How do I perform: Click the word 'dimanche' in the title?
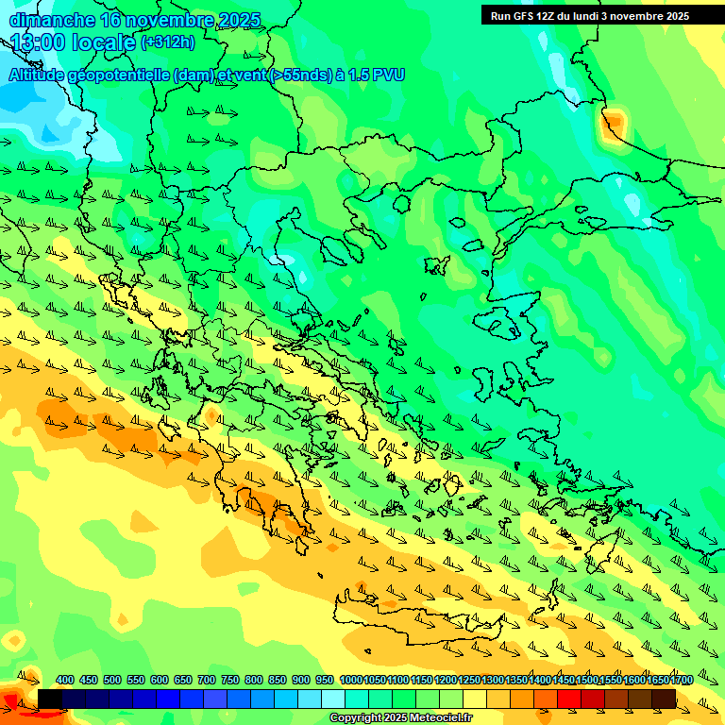pyautogui.click(x=51, y=20)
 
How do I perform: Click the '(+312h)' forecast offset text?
pyautogui.click(x=168, y=42)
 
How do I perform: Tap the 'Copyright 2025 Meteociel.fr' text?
pyautogui.click(x=400, y=718)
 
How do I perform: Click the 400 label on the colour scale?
pyautogui.click(x=65, y=681)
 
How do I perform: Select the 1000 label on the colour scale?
pyautogui.click(x=350, y=681)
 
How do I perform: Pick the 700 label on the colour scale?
pyautogui.click(x=207, y=681)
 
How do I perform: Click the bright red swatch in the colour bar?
pyautogui.click(x=569, y=699)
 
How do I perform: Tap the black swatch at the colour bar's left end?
pyautogui.click(x=50, y=699)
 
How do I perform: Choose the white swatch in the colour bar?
pyautogui.click(x=333, y=699)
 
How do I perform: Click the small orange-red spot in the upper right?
pyautogui.click(x=614, y=122)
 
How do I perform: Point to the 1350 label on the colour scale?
pyautogui.click(x=515, y=681)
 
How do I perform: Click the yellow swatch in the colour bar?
pyautogui.click(x=475, y=699)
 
